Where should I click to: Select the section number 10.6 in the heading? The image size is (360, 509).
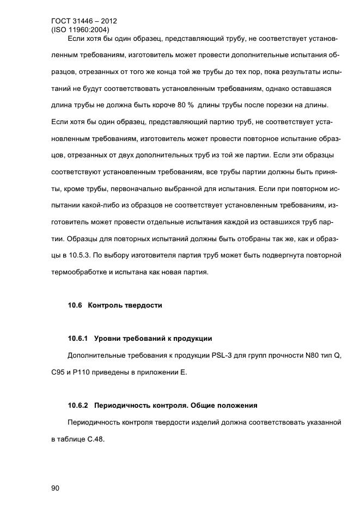click(75, 305)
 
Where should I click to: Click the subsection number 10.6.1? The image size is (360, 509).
click(78, 339)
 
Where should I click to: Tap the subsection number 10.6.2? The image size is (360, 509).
click(78, 406)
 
